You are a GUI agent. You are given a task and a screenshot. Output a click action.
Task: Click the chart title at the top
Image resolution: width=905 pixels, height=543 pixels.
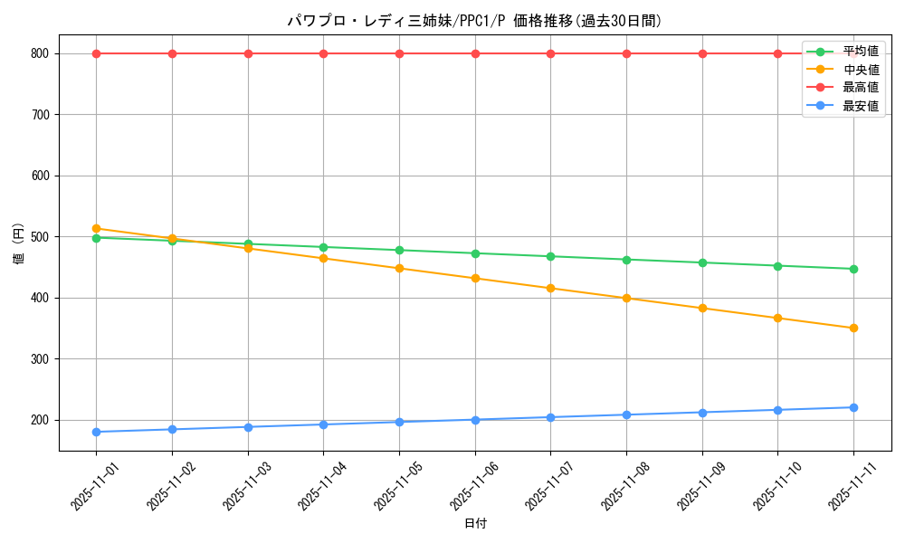click(x=474, y=21)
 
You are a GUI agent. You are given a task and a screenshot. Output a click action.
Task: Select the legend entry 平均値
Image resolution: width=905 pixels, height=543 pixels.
click(x=860, y=52)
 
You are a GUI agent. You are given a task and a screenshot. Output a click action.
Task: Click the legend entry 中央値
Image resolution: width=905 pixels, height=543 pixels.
click(x=860, y=70)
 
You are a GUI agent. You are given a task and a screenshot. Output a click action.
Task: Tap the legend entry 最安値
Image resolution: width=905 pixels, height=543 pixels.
click(x=860, y=106)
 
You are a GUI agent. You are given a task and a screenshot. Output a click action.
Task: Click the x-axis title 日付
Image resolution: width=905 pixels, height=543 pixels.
click(x=475, y=524)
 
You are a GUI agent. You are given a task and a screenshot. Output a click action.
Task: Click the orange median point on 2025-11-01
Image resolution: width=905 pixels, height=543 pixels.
click(x=96, y=229)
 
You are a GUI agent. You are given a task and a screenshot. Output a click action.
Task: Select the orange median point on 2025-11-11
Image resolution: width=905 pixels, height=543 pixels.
click(x=853, y=328)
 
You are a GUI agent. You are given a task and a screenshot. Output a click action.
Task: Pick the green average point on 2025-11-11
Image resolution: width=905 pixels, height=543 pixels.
click(x=853, y=269)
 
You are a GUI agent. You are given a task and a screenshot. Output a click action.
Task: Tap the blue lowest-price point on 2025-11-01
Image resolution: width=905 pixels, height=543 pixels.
click(x=96, y=432)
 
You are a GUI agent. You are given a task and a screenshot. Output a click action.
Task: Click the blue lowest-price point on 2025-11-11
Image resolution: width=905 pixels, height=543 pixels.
click(x=853, y=407)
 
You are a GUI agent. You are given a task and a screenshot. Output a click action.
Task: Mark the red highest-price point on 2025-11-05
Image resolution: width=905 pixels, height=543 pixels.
click(x=399, y=53)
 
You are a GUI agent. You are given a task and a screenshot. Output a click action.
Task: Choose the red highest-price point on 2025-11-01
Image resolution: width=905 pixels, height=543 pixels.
click(x=96, y=53)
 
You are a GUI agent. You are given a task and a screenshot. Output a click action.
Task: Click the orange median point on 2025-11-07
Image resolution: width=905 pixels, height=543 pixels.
click(x=550, y=288)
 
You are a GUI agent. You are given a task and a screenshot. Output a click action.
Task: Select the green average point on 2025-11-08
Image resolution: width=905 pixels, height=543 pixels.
click(x=626, y=260)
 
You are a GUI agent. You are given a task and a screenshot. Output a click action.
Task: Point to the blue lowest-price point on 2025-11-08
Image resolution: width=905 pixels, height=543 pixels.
click(x=626, y=414)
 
